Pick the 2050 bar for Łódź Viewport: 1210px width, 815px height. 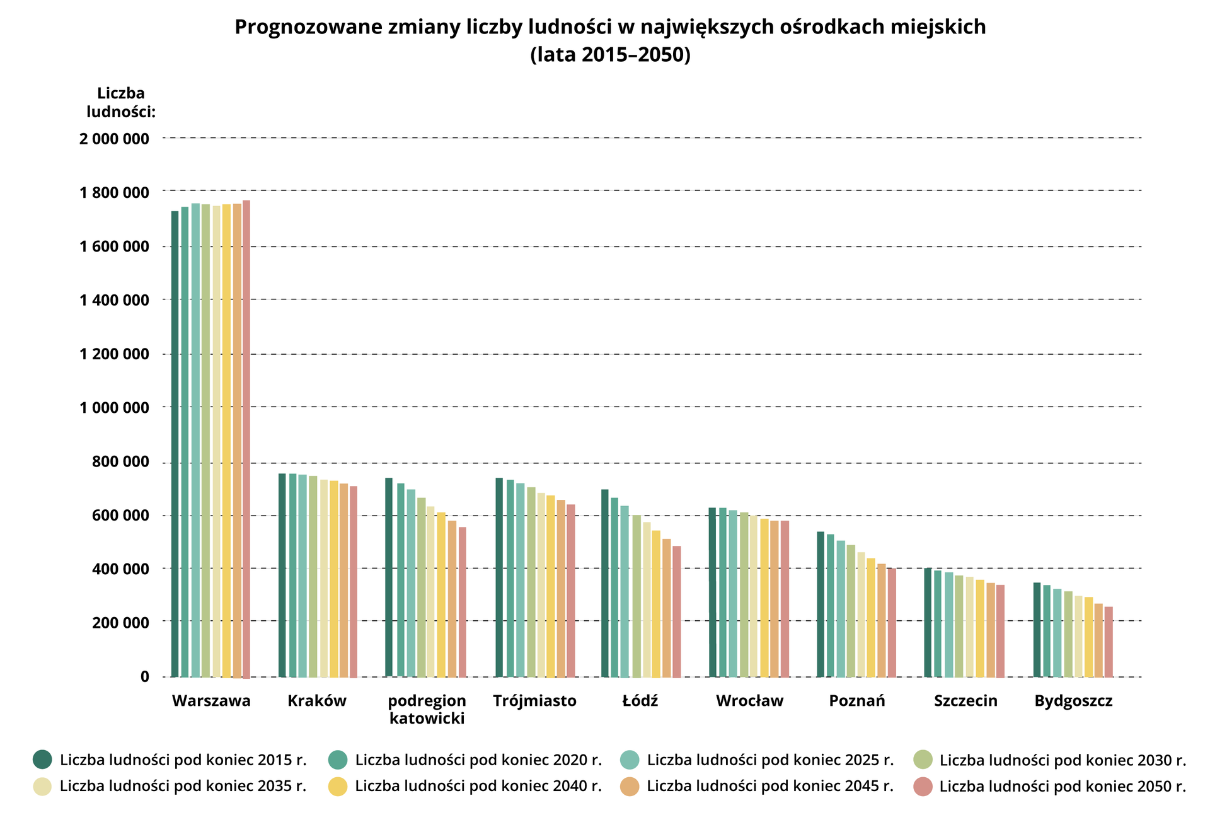(x=676, y=611)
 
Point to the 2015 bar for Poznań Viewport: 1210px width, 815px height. (x=821, y=604)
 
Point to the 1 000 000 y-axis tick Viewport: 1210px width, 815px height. (x=114, y=408)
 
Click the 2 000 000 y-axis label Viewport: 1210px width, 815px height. (x=114, y=139)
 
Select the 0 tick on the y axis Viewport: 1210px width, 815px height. (x=145, y=677)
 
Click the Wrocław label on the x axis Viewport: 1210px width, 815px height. (x=749, y=701)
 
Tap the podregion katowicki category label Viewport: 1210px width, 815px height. (x=427, y=709)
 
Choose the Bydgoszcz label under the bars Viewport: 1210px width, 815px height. (x=1073, y=701)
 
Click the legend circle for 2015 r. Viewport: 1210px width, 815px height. (x=42, y=760)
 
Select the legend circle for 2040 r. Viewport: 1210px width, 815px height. (x=338, y=786)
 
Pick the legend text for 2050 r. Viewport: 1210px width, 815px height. (x=1062, y=787)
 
